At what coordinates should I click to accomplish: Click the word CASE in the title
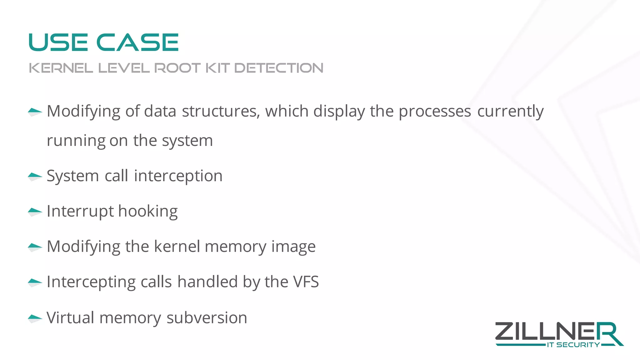(x=137, y=42)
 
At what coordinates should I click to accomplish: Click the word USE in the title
(x=58, y=42)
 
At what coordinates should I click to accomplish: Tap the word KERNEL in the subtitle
(x=61, y=68)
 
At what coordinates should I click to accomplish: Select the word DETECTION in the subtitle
(x=279, y=68)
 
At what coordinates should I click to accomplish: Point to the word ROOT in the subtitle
(x=177, y=68)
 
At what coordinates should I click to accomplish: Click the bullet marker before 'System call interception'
(x=35, y=177)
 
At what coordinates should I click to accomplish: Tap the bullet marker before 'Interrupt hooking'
(x=35, y=212)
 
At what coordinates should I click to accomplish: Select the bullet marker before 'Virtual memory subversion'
(x=35, y=318)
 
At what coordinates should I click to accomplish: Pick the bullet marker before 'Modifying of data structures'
(x=35, y=112)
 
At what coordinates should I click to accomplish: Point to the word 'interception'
(x=178, y=176)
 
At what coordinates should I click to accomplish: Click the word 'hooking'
(x=148, y=211)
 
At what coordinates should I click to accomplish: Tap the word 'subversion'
(x=207, y=318)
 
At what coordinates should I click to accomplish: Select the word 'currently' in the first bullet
(x=510, y=111)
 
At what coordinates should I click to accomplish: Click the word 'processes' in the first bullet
(x=435, y=111)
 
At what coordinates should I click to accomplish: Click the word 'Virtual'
(x=70, y=318)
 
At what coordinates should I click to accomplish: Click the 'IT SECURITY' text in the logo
(x=573, y=345)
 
